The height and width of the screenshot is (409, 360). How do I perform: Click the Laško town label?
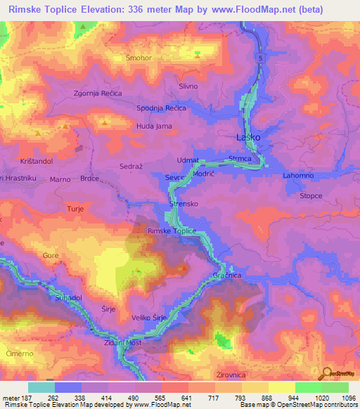248,138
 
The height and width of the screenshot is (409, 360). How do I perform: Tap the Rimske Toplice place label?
172,231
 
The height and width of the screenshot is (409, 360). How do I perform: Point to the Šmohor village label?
139,58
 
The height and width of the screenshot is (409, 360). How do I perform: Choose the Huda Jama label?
154,126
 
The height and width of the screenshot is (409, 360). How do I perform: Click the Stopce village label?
311,196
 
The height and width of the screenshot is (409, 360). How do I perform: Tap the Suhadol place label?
70,298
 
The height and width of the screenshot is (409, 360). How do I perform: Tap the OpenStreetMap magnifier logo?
327,373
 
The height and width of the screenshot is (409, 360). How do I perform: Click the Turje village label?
75,209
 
